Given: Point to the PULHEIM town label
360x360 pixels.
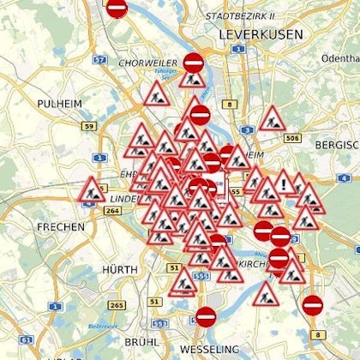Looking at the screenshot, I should (x=58, y=103).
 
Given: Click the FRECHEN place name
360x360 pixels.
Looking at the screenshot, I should (x=61, y=227).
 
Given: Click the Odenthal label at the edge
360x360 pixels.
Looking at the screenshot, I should (x=341, y=57).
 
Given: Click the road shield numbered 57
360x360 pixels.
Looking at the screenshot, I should (x=99, y=59).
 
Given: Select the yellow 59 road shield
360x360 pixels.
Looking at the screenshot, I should (x=88, y=127).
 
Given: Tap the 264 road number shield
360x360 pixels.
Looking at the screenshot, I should (x=112, y=210).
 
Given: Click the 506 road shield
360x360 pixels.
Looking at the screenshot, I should (x=293, y=137).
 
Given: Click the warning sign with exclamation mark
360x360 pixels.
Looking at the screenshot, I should (x=284, y=183).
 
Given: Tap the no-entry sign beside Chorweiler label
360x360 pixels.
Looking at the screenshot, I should (x=194, y=63).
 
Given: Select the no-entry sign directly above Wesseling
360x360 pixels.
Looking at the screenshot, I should (x=207, y=316).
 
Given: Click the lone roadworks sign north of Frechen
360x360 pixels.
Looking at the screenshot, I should (x=91, y=189).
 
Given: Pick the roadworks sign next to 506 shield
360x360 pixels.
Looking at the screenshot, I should (x=272, y=119).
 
